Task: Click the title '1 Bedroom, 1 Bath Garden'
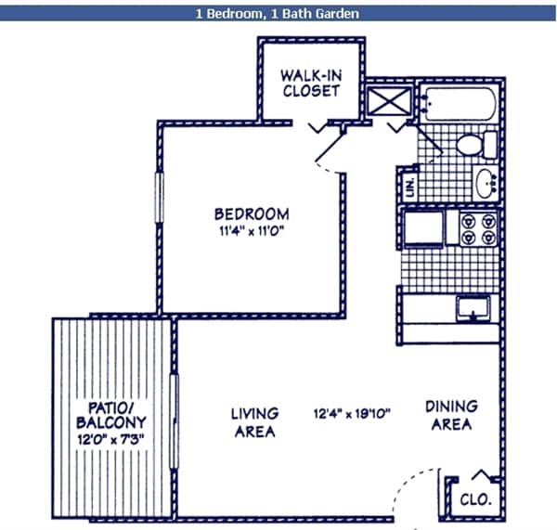click(278, 14)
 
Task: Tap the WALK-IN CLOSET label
click(311, 82)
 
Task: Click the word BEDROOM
click(251, 213)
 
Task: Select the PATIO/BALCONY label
click(112, 415)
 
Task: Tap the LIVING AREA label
click(253, 422)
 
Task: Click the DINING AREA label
click(451, 415)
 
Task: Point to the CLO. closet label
click(477, 500)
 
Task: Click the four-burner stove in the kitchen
click(477, 229)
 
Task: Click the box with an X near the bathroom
click(382, 99)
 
